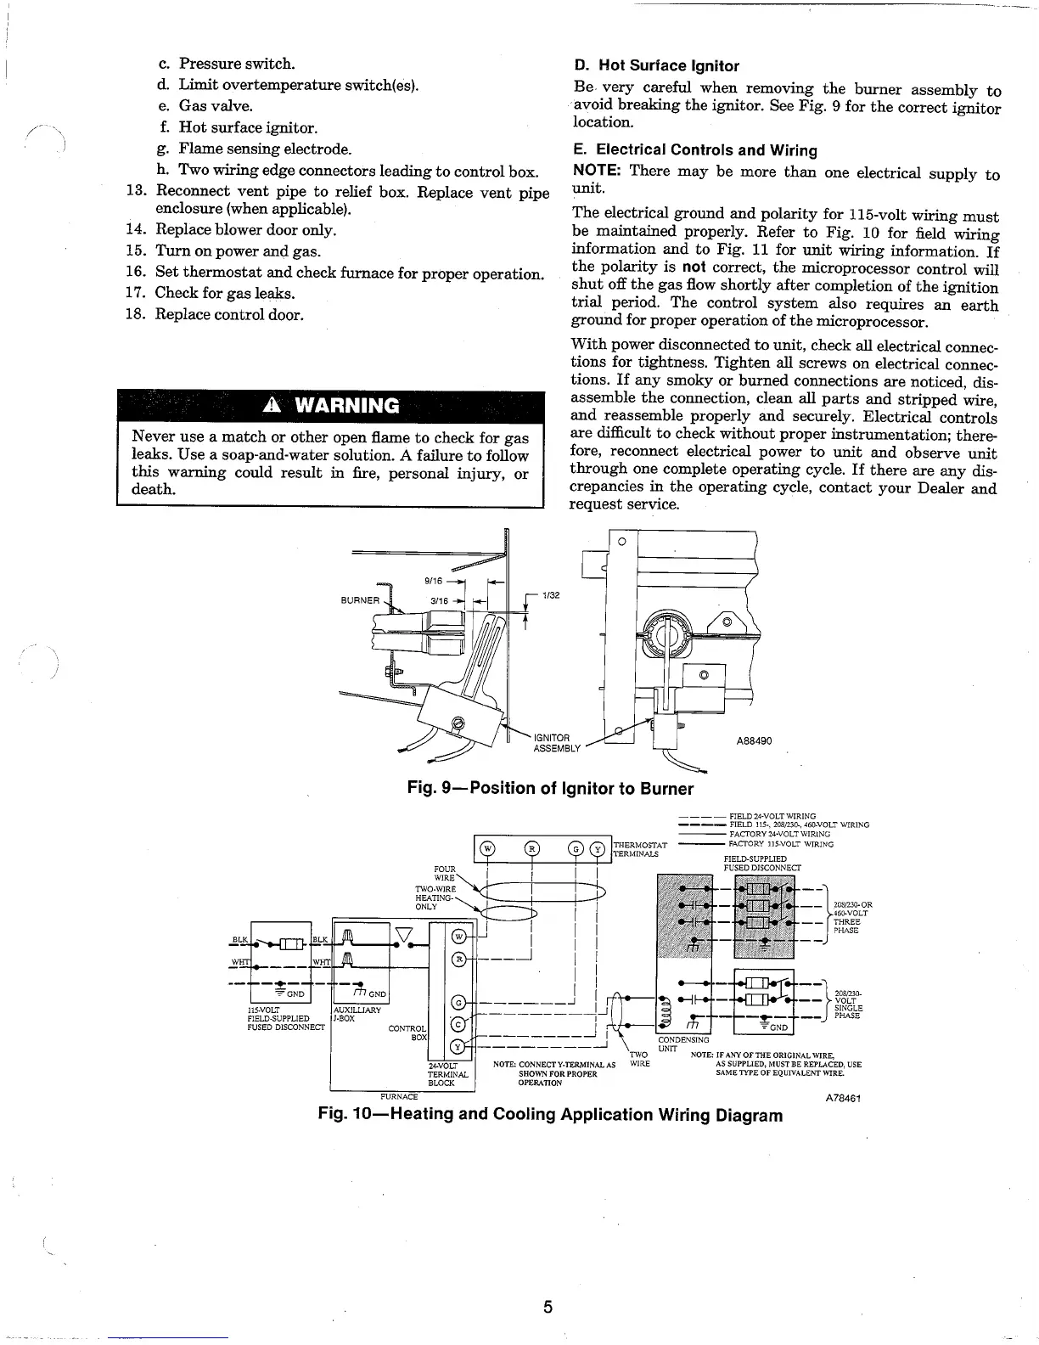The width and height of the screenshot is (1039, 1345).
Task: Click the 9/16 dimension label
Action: point(433,582)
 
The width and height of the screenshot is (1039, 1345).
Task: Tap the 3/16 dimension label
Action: point(439,600)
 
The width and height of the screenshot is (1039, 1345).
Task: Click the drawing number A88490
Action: point(753,740)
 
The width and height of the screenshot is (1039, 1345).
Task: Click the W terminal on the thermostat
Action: point(487,848)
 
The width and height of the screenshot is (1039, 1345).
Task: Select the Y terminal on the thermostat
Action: point(597,848)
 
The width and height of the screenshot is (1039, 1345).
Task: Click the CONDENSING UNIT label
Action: point(682,1042)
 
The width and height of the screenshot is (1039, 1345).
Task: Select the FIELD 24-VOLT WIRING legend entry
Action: point(772,816)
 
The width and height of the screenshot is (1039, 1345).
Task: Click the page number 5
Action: point(548,1306)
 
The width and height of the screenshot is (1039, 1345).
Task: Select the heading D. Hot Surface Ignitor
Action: point(656,65)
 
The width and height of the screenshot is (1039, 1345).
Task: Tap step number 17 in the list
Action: point(137,293)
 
